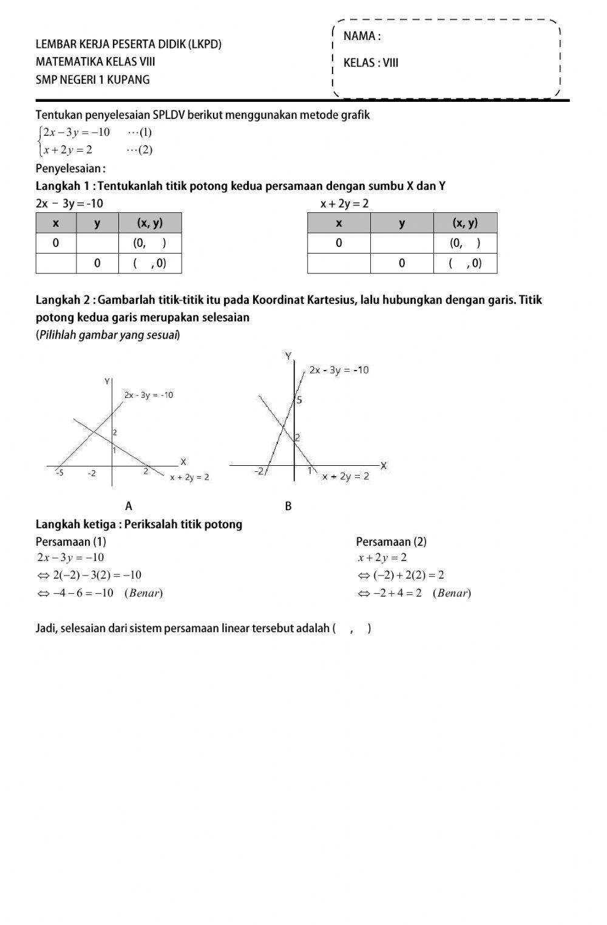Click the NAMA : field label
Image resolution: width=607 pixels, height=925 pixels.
362,36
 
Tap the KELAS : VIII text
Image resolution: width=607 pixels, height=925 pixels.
370,63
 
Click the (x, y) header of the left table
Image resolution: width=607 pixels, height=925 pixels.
150,223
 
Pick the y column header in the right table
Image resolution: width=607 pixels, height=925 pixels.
402,223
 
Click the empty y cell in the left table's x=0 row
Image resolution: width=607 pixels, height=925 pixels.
97,243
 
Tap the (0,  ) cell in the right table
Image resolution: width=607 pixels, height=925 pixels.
465,243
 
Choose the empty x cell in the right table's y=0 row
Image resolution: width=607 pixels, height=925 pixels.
339,263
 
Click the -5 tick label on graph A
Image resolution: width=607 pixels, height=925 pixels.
59,473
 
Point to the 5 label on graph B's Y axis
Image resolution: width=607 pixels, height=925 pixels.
299,400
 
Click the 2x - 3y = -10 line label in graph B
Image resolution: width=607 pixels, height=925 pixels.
339,370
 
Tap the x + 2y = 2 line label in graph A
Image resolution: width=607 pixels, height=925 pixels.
189,477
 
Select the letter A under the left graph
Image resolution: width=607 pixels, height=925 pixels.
129,506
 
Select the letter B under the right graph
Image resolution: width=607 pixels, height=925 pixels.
288,506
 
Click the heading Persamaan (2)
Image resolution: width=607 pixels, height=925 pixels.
391,542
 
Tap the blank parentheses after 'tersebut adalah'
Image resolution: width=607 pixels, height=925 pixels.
352,628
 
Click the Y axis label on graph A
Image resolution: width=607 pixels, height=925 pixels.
107,382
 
